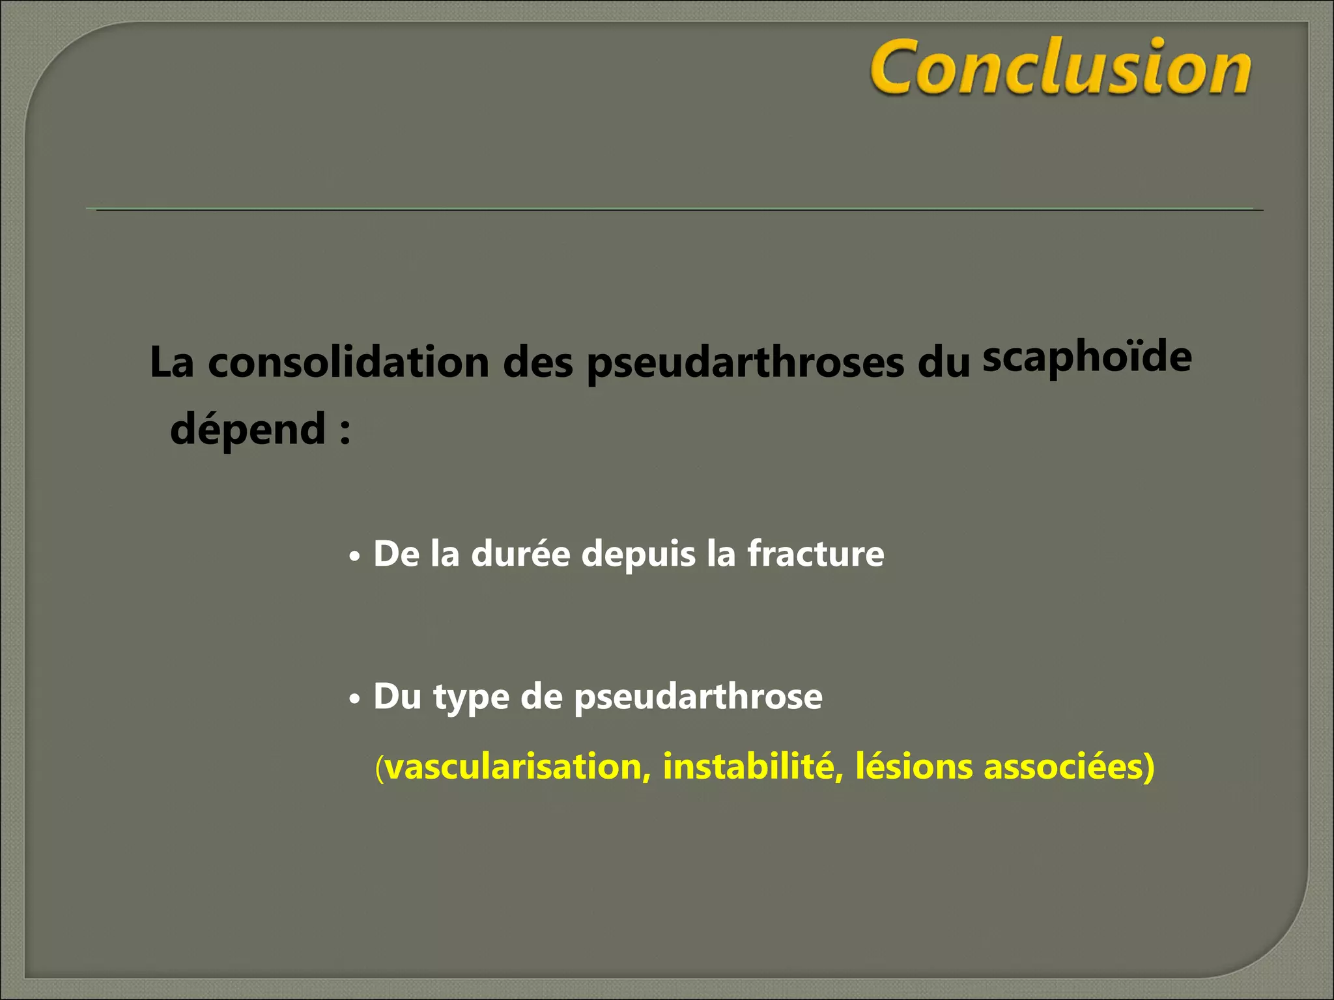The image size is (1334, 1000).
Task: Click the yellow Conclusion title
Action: pyautogui.click(x=1060, y=67)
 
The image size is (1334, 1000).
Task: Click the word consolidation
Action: pyautogui.click(x=348, y=362)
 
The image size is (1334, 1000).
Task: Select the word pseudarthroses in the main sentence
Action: pyautogui.click(x=745, y=363)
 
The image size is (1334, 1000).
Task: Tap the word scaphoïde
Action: pyautogui.click(x=1087, y=357)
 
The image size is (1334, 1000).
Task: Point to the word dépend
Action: pyautogui.click(x=248, y=430)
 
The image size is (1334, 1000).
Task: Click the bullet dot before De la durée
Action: pyautogui.click(x=354, y=557)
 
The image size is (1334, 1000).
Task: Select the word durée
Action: pyautogui.click(x=520, y=554)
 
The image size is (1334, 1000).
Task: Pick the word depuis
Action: pyautogui.click(x=638, y=555)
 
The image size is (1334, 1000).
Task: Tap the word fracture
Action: pyautogui.click(x=816, y=554)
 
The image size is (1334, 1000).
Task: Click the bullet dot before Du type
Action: pyautogui.click(x=354, y=700)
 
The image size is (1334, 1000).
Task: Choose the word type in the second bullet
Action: pyautogui.click(x=471, y=698)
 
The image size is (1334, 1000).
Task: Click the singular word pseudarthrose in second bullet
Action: pyautogui.click(x=698, y=698)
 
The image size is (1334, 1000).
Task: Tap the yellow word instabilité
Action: pyautogui.click(x=748, y=766)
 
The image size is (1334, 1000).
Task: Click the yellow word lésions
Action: pyautogui.click(x=913, y=766)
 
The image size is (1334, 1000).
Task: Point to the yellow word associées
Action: pyautogui.click(x=1064, y=766)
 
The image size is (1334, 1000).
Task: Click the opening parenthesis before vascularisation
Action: pyautogui.click(x=379, y=768)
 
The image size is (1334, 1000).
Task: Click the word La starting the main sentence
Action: pyautogui.click(x=172, y=363)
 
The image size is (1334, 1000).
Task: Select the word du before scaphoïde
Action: pyautogui.click(x=944, y=363)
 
